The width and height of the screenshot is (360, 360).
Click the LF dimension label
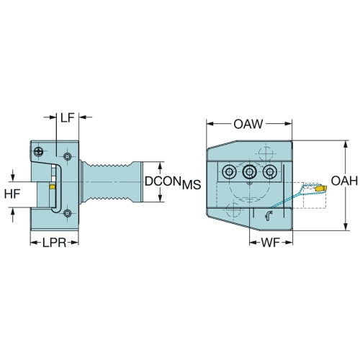67,117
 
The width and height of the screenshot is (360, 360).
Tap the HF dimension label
12,194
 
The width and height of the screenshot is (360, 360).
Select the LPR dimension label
55,243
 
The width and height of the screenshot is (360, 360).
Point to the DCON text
163,181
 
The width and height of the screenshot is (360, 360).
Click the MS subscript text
192,185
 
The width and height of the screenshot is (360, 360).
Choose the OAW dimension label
248,124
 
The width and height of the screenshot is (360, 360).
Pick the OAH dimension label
344,181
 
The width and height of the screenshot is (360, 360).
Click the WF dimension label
271,243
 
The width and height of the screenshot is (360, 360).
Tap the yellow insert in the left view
52,186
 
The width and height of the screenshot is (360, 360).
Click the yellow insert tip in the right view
322,188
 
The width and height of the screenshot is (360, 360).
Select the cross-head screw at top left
38,151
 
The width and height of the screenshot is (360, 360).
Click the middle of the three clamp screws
250,171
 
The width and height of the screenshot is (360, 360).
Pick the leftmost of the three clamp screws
229,171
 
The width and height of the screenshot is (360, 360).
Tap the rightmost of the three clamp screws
270,171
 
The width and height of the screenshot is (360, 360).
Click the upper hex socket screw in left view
67,157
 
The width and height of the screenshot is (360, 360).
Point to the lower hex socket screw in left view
68,212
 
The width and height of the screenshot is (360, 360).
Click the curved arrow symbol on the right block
269,216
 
